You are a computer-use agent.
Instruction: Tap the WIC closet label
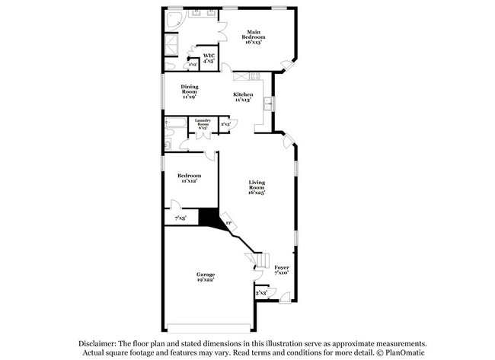tap(208, 58)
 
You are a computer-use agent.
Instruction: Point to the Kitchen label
tap(244, 97)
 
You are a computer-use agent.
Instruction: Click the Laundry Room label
tap(203, 124)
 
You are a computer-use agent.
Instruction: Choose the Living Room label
tap(256, 186)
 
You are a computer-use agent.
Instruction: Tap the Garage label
tap(206, 276)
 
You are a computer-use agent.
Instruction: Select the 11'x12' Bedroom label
tap(190, 177)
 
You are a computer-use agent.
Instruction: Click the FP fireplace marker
tap(228, 222)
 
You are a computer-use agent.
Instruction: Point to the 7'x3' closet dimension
tap(180, 218)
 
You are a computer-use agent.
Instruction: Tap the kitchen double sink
tap(268, 103)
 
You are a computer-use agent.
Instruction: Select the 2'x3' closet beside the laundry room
tap(225, 124)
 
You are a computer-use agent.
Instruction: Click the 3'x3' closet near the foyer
tap(261, 292)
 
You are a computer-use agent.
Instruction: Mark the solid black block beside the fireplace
tap(207, 217)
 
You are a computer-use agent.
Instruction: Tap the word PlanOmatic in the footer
tap(402, 352)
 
